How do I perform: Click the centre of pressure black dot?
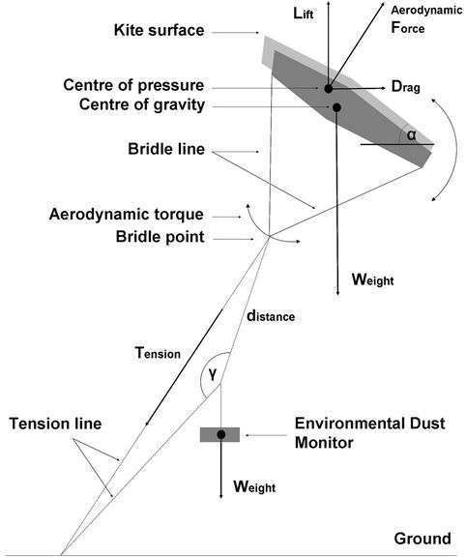(328, 88)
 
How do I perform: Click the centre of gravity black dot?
(336, 107)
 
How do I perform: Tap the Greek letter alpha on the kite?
(411, 135)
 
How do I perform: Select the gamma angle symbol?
(212, 374)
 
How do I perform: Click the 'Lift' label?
(304, 14)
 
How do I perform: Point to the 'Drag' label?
(406, 87)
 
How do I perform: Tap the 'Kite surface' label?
(160, 30)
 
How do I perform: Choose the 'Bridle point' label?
(160, 237)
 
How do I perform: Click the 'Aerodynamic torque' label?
(127, 215)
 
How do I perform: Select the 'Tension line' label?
(55, 424)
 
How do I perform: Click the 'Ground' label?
(422, 539)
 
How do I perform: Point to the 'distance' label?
(271, 315)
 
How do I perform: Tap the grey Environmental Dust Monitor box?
(219, 434)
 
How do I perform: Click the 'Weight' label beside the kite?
(372, 279)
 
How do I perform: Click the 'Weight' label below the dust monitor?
(254, 486)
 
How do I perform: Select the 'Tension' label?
(158, 353)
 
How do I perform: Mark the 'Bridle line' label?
(166, 149)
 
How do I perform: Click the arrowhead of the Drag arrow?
(383, 88)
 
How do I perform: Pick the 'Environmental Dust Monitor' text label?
(369, 433)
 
